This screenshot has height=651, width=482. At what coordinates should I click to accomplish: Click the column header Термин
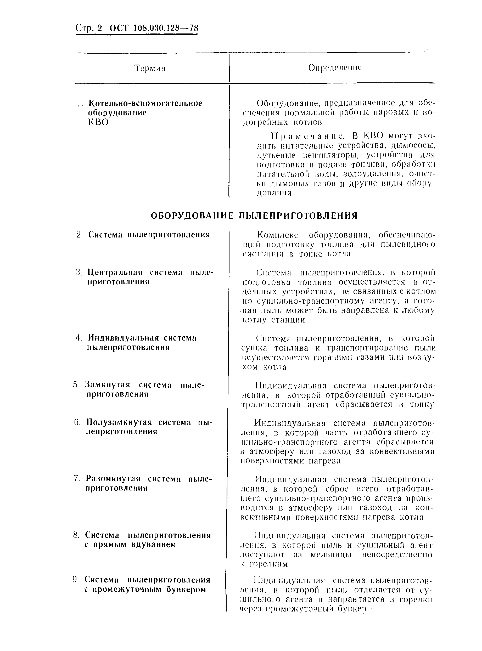150,68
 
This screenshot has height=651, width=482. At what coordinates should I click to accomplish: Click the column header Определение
335,68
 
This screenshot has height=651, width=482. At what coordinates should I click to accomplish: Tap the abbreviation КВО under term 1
98,122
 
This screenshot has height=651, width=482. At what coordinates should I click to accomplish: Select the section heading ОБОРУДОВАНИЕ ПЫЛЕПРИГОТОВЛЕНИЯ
254,216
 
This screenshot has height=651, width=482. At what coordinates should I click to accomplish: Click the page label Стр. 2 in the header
89,28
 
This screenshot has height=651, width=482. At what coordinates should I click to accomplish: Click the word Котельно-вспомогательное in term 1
145,104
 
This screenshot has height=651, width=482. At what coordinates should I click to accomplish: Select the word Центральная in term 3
115,273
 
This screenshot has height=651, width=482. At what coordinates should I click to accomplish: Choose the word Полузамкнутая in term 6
119,422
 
